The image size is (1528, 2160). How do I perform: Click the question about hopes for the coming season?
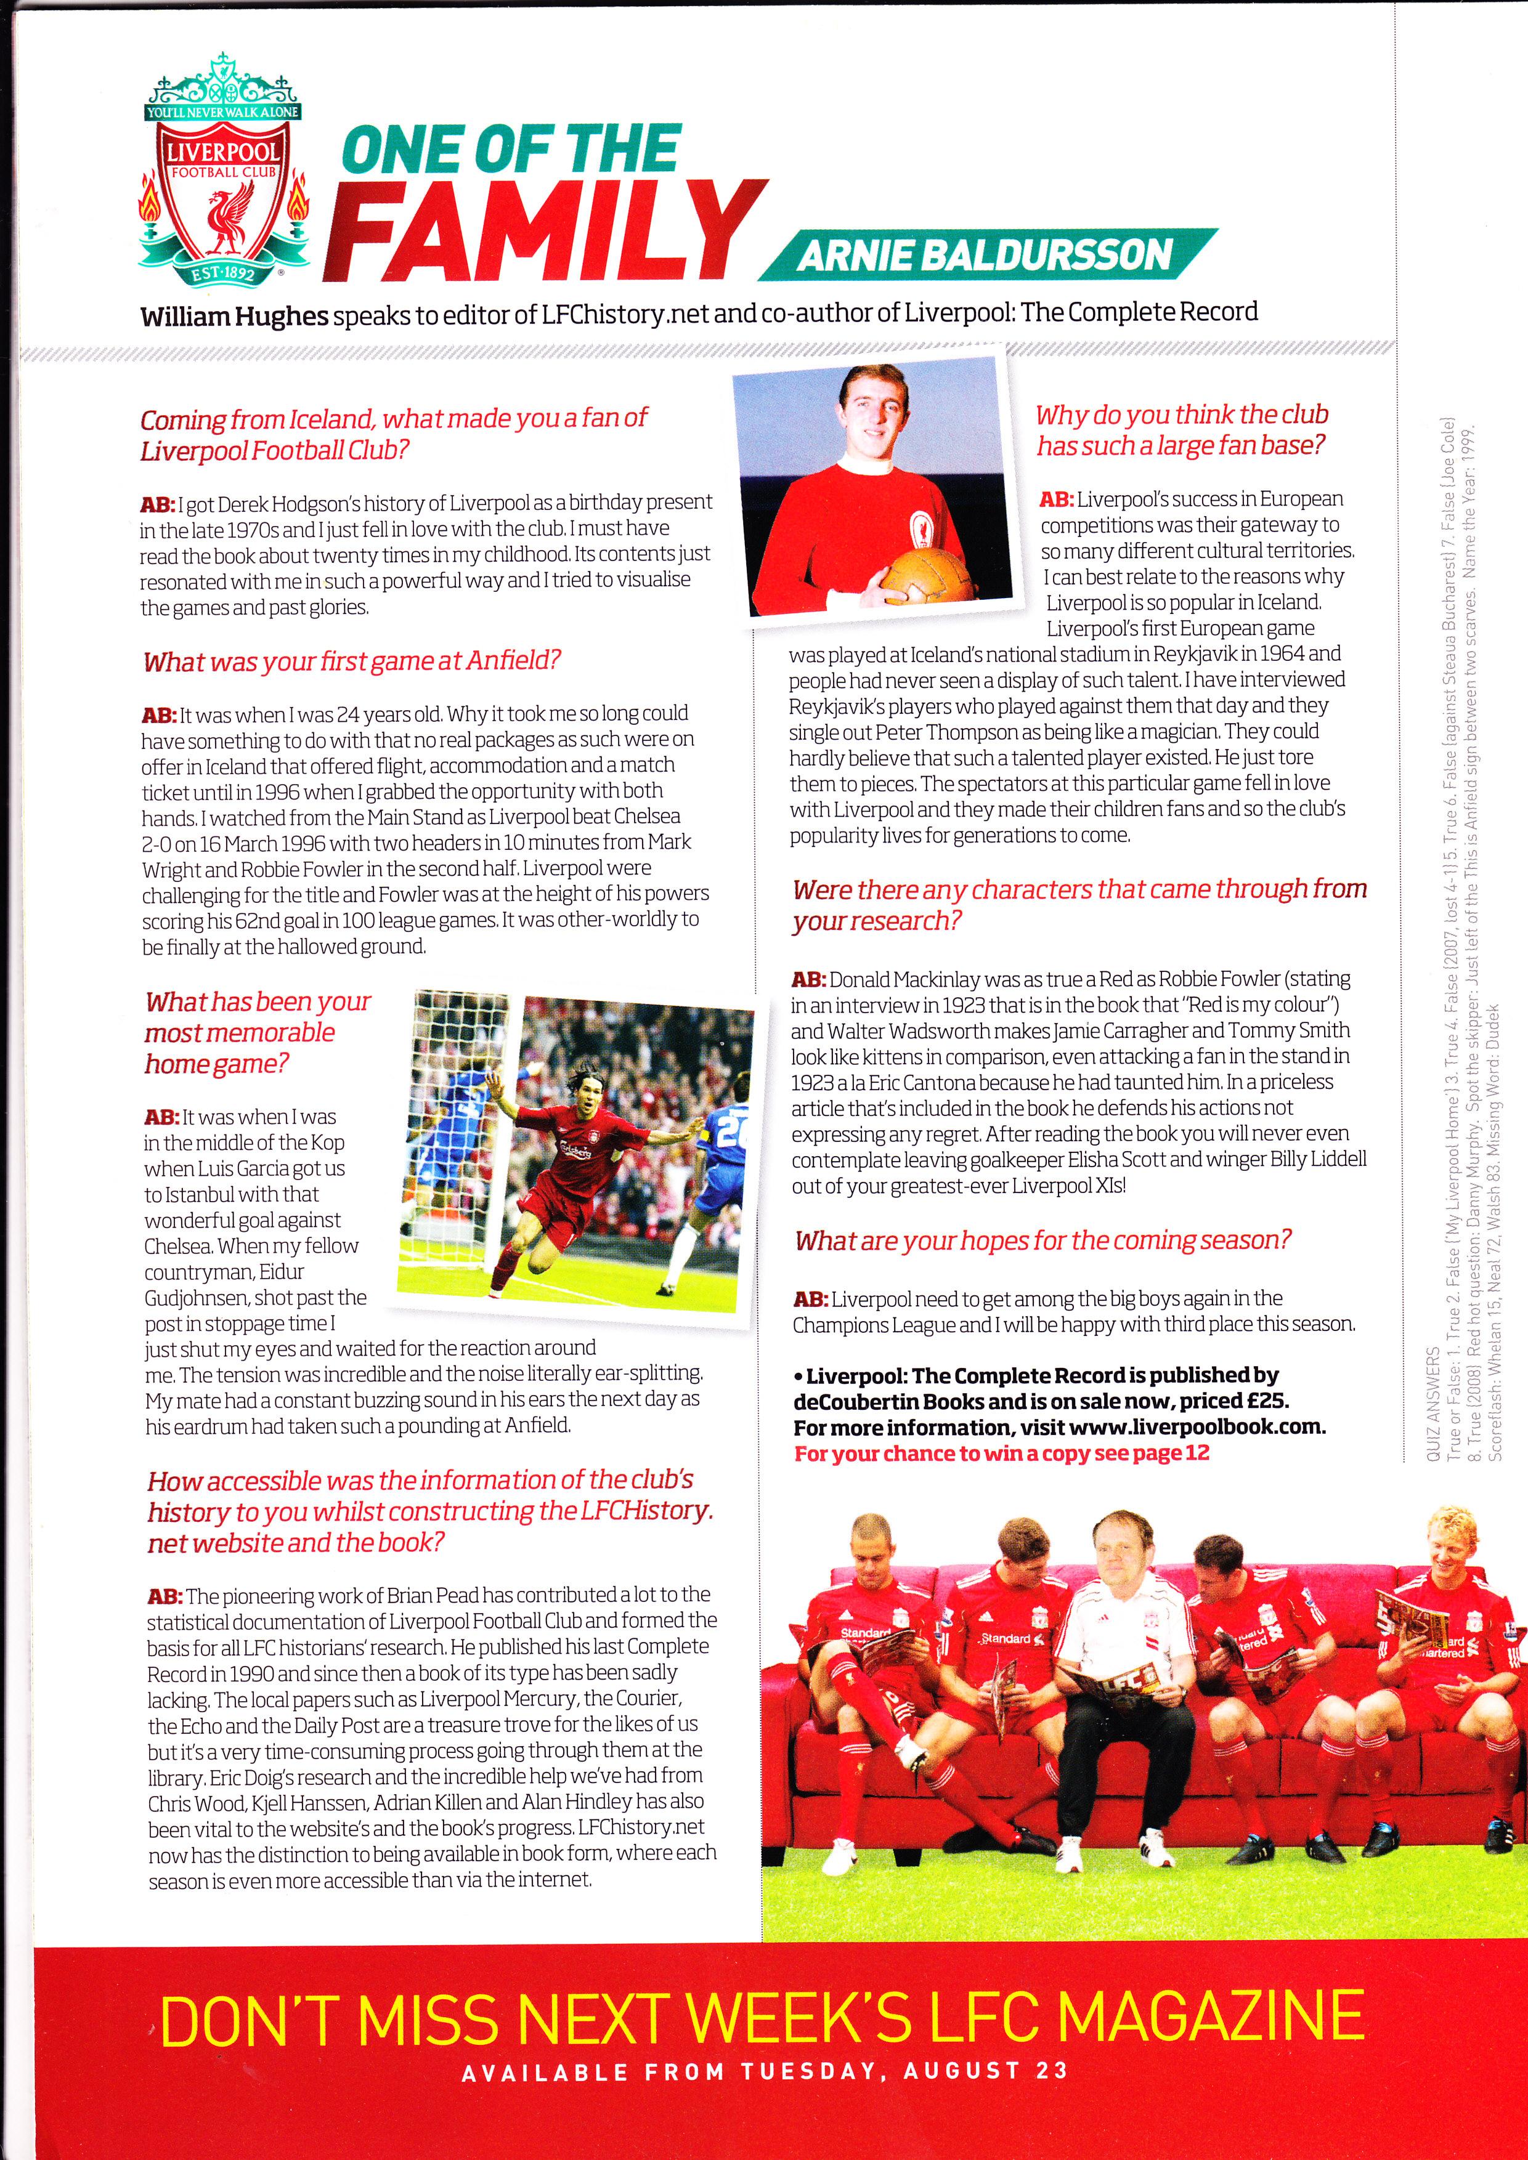pos(1042,1241)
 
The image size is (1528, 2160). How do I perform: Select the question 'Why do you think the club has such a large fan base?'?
pos(1181,430)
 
